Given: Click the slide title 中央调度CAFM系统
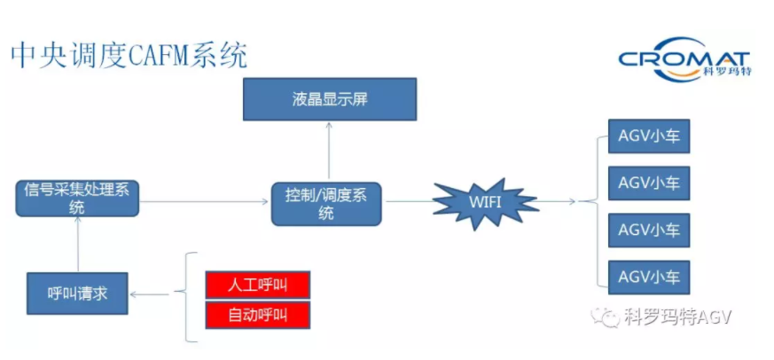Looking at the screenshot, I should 129,55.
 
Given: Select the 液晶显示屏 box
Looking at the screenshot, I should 329,98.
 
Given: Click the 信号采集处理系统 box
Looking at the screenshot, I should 77,198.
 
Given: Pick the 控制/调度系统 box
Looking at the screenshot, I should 326,203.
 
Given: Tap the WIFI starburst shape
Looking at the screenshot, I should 486,203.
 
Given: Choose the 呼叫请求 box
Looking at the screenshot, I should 77,293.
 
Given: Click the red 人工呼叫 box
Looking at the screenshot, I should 257,285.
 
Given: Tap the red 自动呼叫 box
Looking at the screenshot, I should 257,315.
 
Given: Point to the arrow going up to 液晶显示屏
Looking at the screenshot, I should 329,151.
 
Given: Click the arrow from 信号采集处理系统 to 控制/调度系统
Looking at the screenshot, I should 205,201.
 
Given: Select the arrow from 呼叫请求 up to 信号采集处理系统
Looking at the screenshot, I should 77,245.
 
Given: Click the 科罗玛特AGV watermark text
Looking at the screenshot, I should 678,317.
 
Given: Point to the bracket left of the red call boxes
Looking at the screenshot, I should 187,297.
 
